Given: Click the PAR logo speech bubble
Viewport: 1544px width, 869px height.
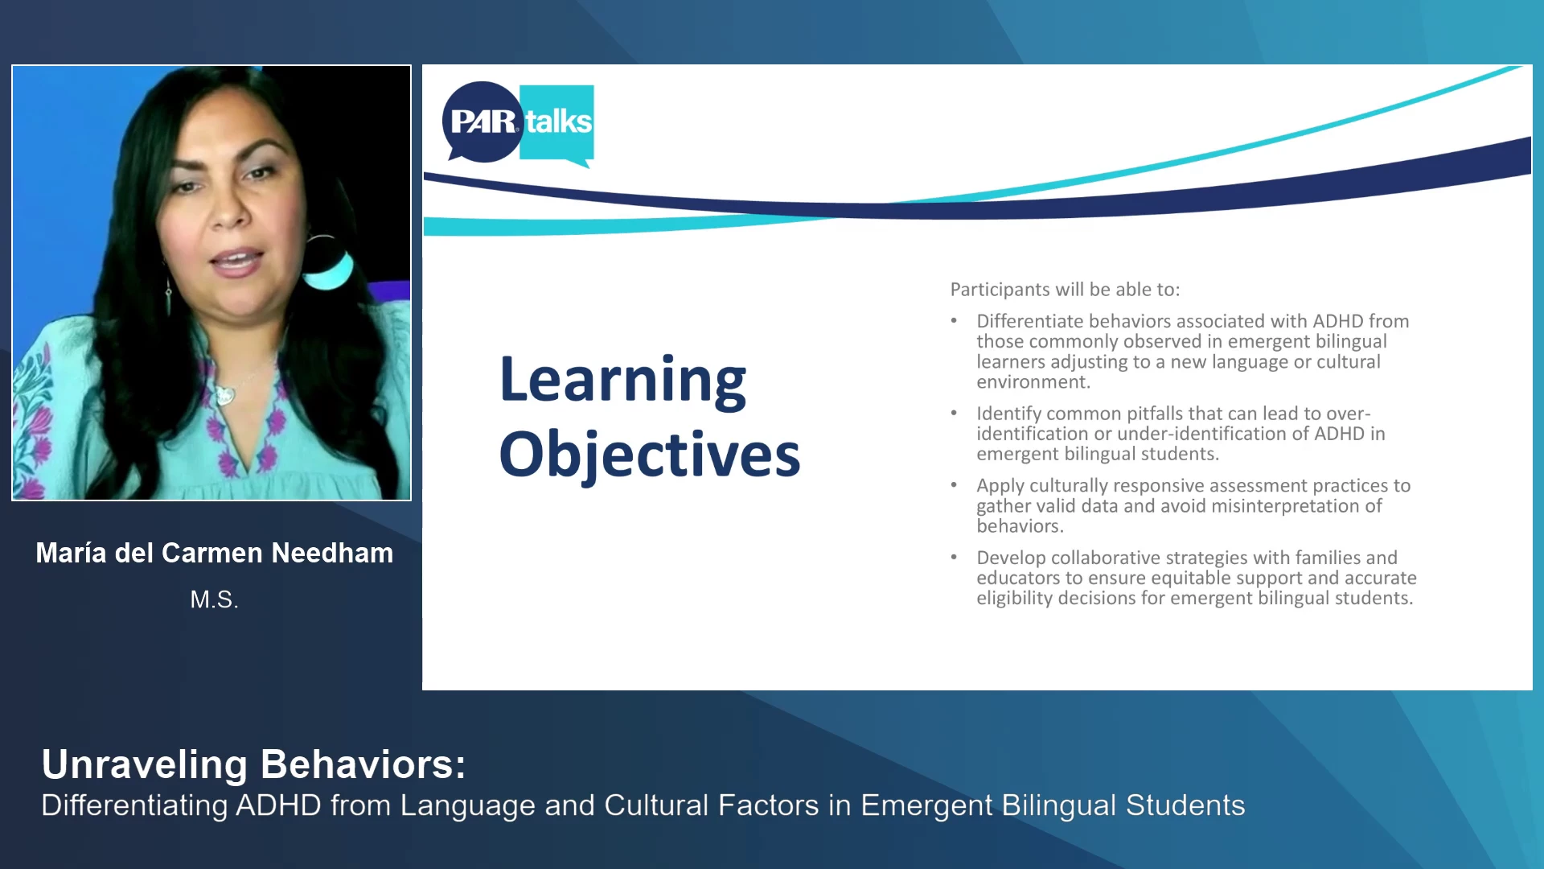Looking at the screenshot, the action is click(x=482, y=121).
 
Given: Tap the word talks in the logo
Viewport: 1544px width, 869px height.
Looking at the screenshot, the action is click(x=558, y=122).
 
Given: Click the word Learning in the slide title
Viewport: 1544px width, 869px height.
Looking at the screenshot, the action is click(x=622, y=381).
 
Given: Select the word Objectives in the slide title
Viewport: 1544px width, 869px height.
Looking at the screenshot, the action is click(x=650, y=455).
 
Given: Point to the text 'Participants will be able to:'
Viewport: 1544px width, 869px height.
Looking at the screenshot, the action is click(x=1065, y=290).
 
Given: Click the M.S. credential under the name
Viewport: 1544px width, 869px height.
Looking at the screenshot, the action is click(x=215, y=599).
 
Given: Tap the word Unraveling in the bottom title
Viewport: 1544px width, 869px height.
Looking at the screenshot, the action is click(x=145, y=765).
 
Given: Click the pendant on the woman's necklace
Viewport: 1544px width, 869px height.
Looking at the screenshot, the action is click(x=224, y=395).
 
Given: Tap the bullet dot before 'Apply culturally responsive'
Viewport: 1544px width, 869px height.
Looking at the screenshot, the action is click(x=954, y=485).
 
